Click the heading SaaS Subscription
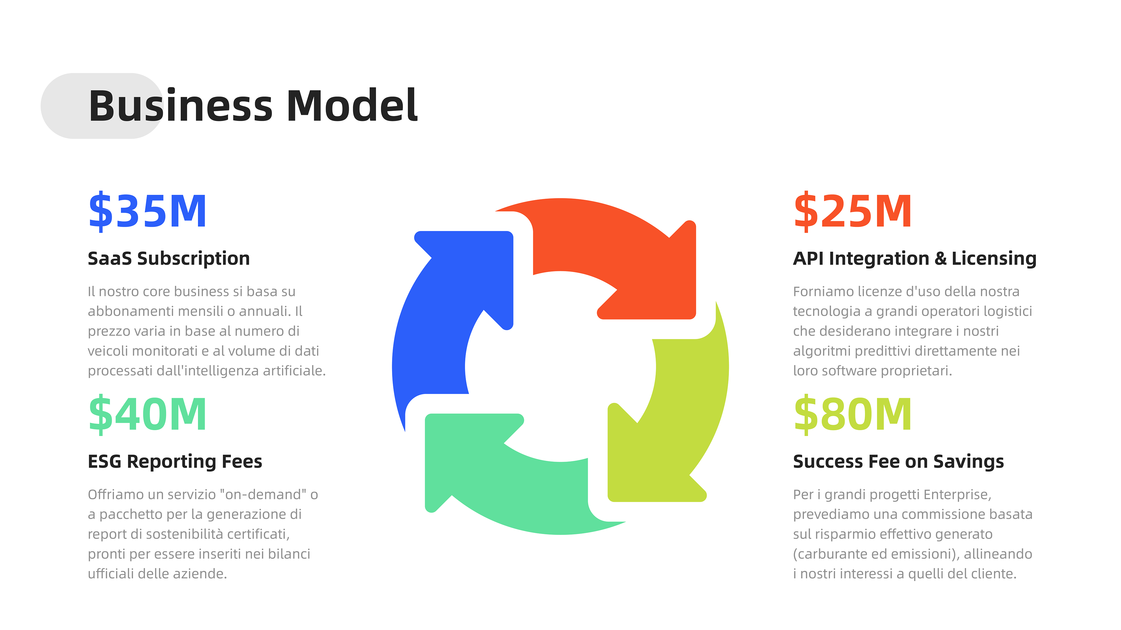click(169, 259)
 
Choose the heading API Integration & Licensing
click(914, 259)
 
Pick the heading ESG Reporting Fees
click(175, 462)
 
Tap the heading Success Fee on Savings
click(898, 462)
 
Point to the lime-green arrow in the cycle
click(679, 426)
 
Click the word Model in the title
click(351, 106)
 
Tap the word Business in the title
click(181, 106)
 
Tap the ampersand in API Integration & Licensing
click(940, 259)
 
